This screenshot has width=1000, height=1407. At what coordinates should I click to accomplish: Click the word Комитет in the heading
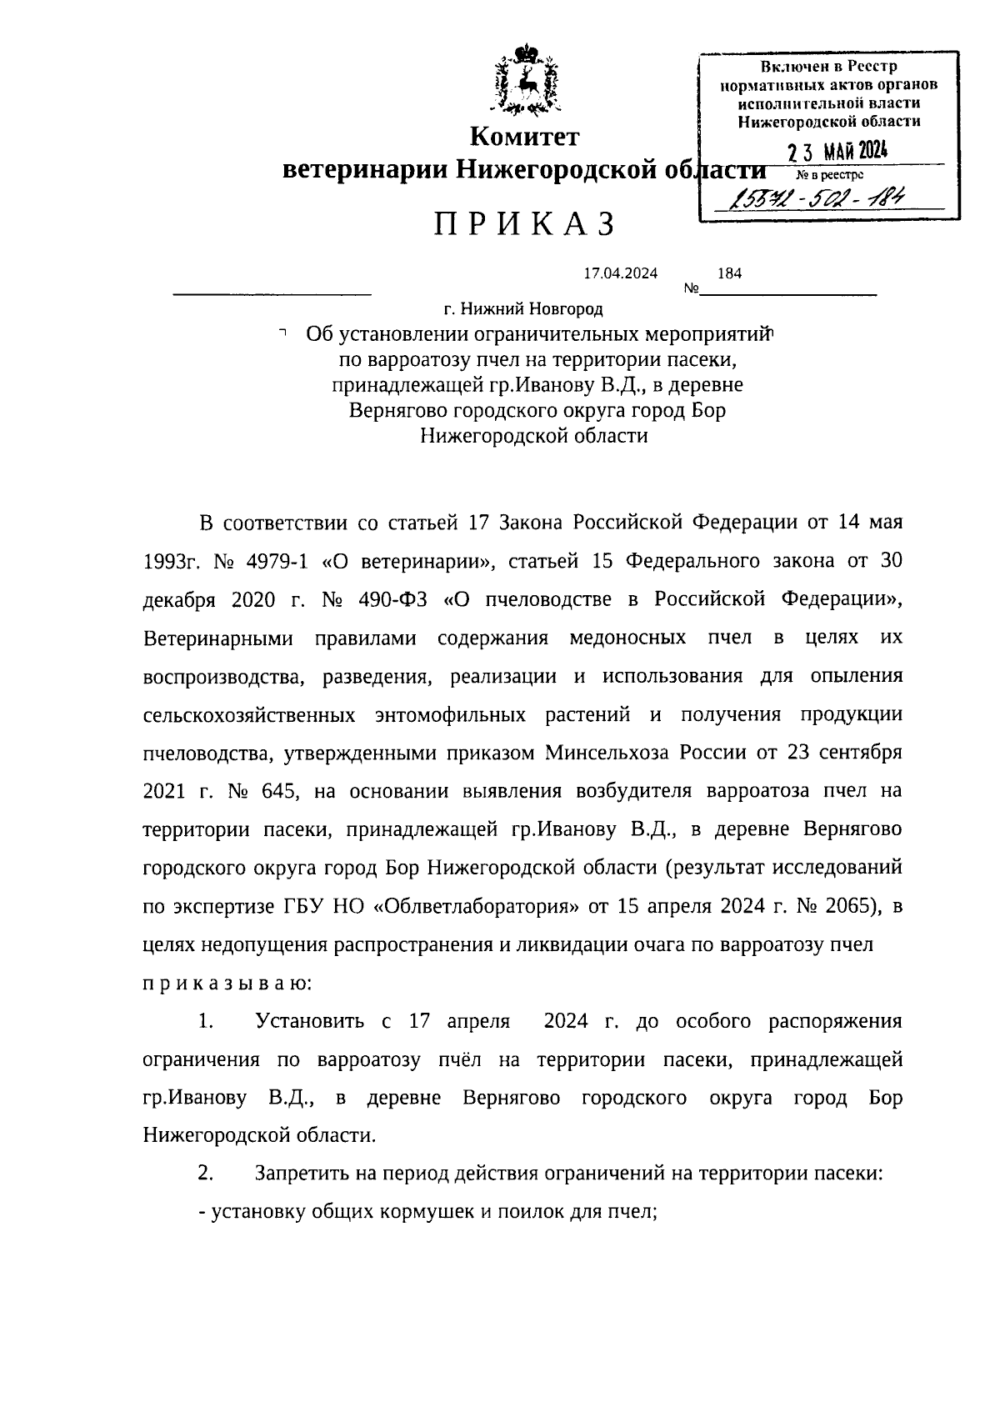pyautogui.click(x=524, y=135)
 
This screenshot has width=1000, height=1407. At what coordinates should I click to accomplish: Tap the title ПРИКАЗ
pyautogui.click(x=524, y=225)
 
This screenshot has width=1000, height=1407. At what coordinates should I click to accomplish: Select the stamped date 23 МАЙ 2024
pyautogui.click(x=837, y=152)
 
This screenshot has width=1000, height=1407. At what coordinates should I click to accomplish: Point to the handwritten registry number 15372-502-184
pyautogui.click(x=817, y=197)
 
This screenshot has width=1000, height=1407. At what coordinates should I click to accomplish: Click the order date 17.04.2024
pyautogui.click(x=620, y=273)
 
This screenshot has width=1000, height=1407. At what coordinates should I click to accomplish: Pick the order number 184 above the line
pyautogui.click(x=729, y=273)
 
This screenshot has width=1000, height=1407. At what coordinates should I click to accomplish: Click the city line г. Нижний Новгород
pyautogui.click(x=522, y=309)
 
